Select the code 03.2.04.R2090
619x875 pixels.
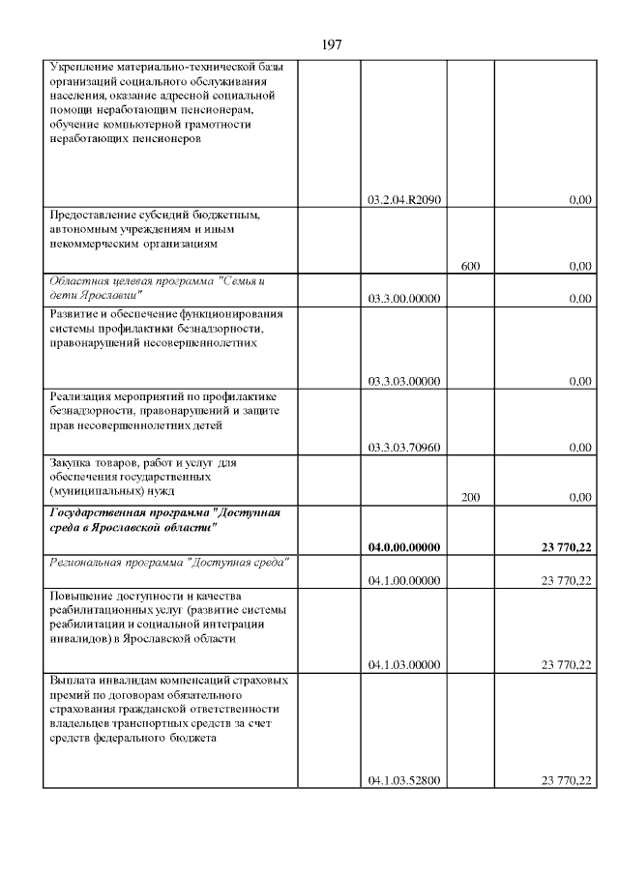[x=404, y=200]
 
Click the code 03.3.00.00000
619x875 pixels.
[x=404, y=299]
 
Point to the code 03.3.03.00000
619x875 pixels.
[x=404, y=381]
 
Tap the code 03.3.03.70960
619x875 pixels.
[x=404, y=448]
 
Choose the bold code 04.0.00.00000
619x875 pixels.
[x=404, y=547]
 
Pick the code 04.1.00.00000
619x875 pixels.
[x=404, y=580]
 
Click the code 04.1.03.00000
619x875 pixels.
[x=404, y=664]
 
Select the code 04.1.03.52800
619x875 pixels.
[x=404, y=780]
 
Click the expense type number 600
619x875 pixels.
[x=471, y=266]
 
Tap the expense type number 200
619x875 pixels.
[x=471, y=497]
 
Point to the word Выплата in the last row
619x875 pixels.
[x=74, y=680]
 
